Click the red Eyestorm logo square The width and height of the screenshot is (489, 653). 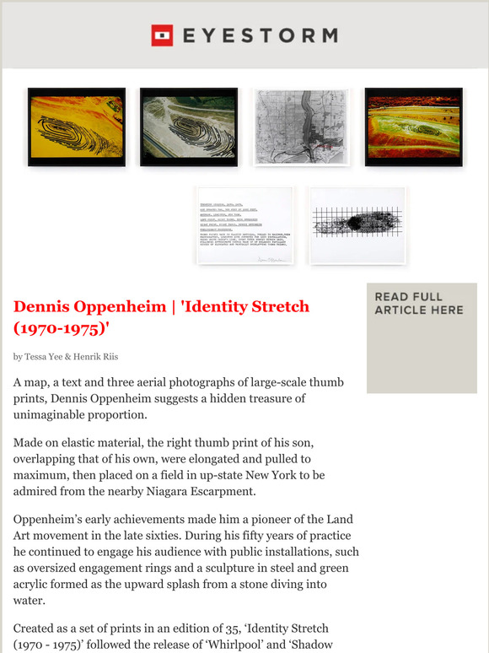(x=162, y=35)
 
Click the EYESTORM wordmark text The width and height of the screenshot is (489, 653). (x=259, y=35)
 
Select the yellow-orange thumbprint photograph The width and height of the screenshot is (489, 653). (x=76, y=127)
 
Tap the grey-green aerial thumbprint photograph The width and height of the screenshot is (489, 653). (x=188, y=127)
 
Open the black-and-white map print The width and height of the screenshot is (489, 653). (x=301, y=127)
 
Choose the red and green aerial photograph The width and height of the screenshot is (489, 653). (x=413, y=127)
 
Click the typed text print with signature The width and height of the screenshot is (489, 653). (x=245, y=225)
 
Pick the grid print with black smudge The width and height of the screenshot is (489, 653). (x=357, y=225)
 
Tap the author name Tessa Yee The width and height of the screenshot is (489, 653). (x=51, y=357)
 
